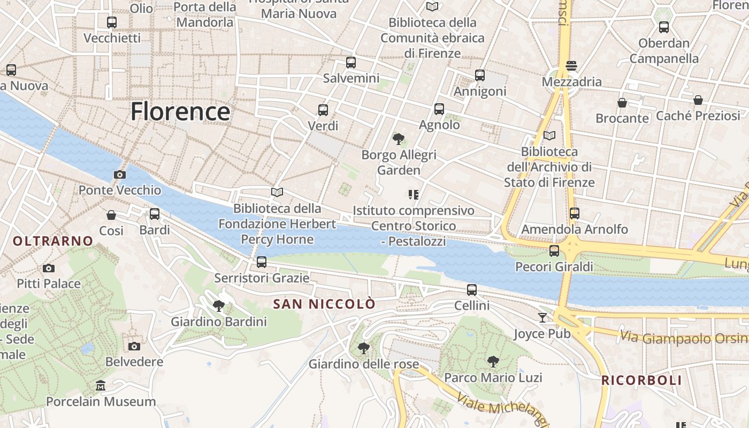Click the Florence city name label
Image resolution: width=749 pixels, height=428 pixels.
[x=180, y=111]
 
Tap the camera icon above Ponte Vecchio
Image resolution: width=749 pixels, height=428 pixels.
[x=120, y=174]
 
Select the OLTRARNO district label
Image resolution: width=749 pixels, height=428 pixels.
[x=53, y=241]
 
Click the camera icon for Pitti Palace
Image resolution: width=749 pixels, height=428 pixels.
[x=49, y=268]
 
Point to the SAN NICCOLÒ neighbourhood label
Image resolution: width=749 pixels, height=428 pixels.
[x=324, y=304]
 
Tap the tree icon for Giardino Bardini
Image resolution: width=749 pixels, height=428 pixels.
[x=218, y=306]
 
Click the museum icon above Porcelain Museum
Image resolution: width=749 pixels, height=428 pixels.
[x=101, y=386]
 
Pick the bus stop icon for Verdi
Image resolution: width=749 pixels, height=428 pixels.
[x=323, y=110]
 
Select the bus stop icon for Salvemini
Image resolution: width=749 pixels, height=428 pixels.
[x=351, y=63]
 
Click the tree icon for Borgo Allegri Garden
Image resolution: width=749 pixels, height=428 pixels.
[x=398, y=139]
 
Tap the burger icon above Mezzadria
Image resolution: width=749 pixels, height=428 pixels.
[x=571, y=66]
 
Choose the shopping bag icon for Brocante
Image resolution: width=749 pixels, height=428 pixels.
[x=622, y=102]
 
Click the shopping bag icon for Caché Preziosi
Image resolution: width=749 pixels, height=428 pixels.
[x=698, y=100]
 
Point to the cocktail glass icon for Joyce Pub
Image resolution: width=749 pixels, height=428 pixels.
[x=542, y=318]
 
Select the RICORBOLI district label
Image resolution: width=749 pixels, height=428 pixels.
[x=641, y=380]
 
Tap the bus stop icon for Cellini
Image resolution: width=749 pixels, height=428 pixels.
[x=472, y=290]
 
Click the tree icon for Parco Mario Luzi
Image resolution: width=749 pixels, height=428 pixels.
[x=493, y=362]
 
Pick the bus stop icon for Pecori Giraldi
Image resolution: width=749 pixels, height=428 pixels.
[x=554, y=250]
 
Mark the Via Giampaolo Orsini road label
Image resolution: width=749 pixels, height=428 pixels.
[x=684, y=338]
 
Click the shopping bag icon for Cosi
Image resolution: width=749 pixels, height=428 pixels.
[x=111, y=215]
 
